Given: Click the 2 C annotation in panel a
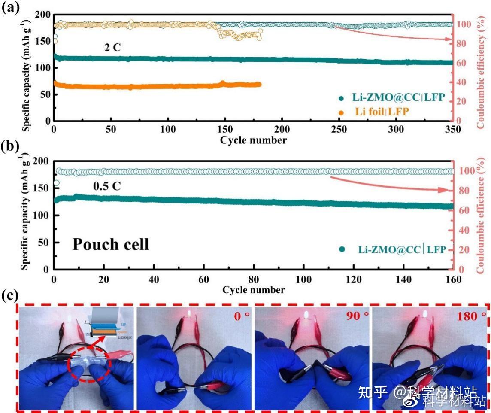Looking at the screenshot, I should click(112, 47).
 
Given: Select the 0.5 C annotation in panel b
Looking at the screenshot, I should click(107, 186).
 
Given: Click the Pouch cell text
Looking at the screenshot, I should click(110, 244).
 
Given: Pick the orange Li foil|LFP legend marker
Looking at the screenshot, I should click(341, 112).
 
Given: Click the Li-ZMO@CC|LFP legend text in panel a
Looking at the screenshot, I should click(398, 98).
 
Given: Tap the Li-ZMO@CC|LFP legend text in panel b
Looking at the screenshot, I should click(402, 249).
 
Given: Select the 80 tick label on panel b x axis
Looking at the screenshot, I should click(254, 279).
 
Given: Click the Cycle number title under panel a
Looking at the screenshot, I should click(253, 140).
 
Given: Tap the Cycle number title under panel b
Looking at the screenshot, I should click(253, 290).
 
